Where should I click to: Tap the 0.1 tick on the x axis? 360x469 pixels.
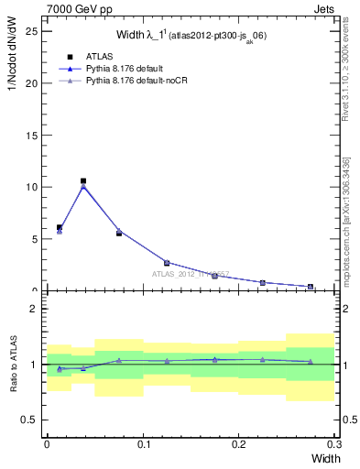click(143, 443)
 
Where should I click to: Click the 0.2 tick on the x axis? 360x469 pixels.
click(239, 443)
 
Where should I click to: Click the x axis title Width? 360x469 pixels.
click(319, 457)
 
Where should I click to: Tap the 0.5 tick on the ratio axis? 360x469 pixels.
click(30, 420)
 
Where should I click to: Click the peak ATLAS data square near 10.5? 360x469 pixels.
click(83, 181)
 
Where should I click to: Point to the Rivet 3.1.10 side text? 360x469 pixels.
click(349, 73)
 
